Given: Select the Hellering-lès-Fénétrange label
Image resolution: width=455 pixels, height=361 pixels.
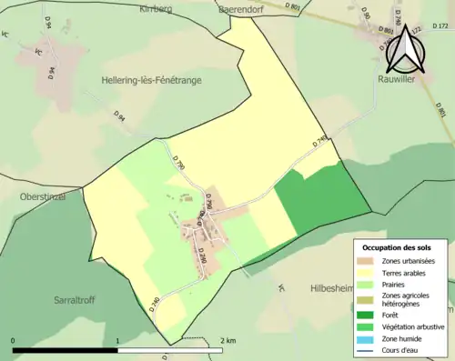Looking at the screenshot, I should coord(152,80).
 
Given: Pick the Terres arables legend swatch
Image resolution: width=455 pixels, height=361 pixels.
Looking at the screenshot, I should coord(365,273).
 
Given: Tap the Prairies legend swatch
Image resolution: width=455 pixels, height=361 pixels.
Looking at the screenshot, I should coord(365,285).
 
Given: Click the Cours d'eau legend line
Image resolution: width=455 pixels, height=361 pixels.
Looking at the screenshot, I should coord(365,349).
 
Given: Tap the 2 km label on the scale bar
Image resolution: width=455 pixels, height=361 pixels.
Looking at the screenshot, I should coord(228,339).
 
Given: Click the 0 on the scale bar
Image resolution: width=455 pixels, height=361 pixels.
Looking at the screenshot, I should coord(14,339).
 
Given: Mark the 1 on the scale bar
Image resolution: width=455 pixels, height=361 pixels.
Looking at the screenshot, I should coord(117,339).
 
